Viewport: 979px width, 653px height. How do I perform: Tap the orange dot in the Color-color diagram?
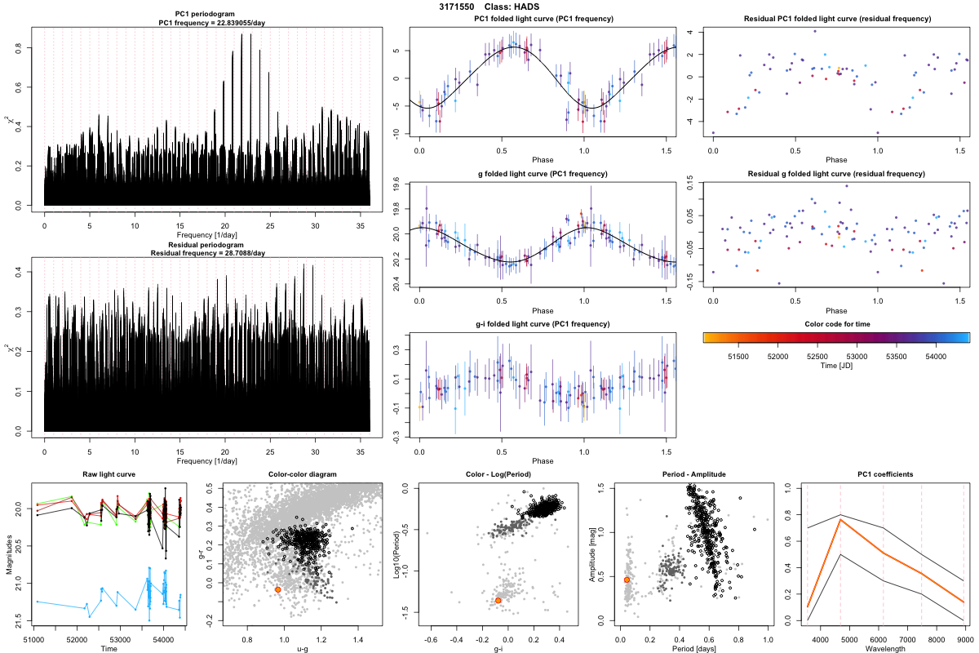pyautogui.click(x=278, y=589)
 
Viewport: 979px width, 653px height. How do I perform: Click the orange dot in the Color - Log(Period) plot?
pyautogui.click(x=498, y=601)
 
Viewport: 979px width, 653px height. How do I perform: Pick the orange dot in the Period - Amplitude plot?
pyautogui.click(x=627, y=580)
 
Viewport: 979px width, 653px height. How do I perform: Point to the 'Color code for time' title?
pyautogui.click(x=836, y=324)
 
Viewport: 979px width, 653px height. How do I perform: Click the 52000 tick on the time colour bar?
pyautogui.click(x=777, y=356)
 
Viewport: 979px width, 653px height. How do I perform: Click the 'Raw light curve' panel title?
pyautogui.click(x=109, y=475)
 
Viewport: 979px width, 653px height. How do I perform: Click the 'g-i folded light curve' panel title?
pyautogui.click(x=543, y=324)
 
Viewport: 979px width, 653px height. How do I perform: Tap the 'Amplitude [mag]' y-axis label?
pyautogui.click(x=593, y=555)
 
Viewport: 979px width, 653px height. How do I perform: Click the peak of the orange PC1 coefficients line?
pyautogui.click(x=840, y=520)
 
